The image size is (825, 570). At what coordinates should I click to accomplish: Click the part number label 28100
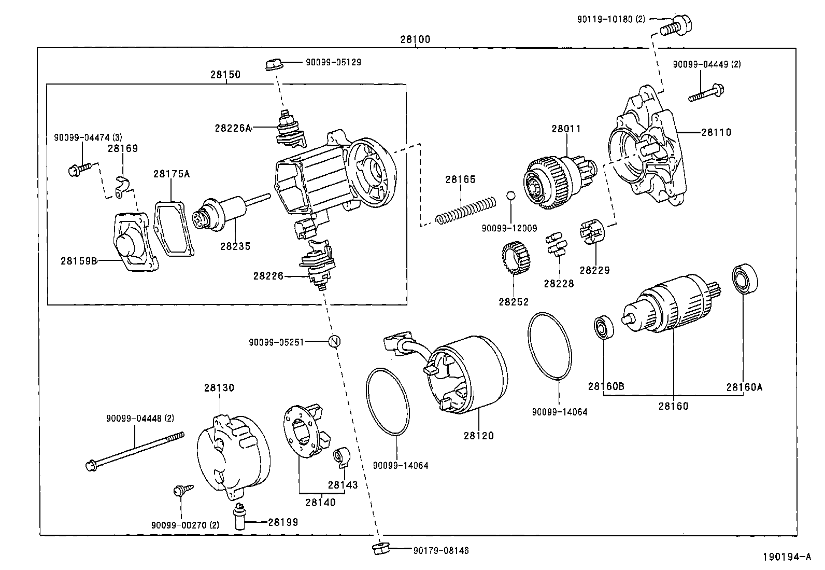click(415, 39)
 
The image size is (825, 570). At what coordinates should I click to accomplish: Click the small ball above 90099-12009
click(510, 196)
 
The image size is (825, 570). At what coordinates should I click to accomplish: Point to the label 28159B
click(79, 260)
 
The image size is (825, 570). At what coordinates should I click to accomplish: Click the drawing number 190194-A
click(786, 557)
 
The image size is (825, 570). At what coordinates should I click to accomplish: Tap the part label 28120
click(478, 436)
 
